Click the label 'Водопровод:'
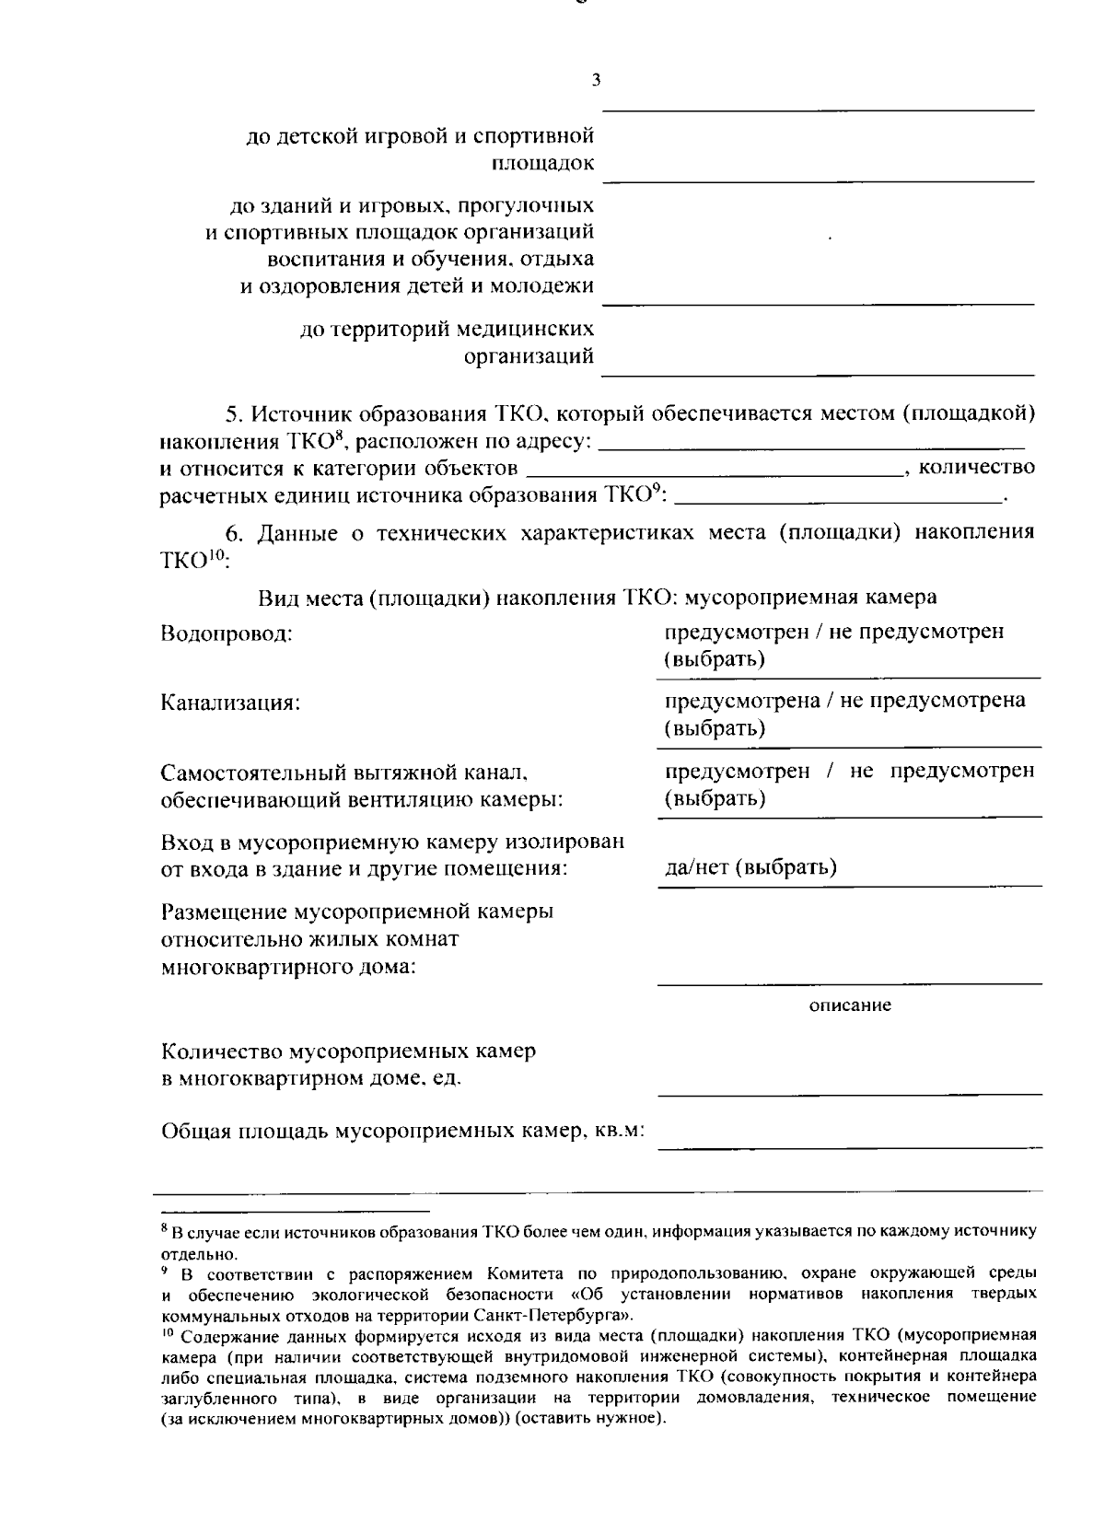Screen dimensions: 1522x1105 (x=227, y=634)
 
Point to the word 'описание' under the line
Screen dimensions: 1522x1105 (x=850, y=1005)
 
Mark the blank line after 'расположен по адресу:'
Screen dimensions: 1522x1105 (x=811, y=447)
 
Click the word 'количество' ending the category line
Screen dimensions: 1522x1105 (x=977, y=468)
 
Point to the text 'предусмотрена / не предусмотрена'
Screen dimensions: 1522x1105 (x=845, y=701)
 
